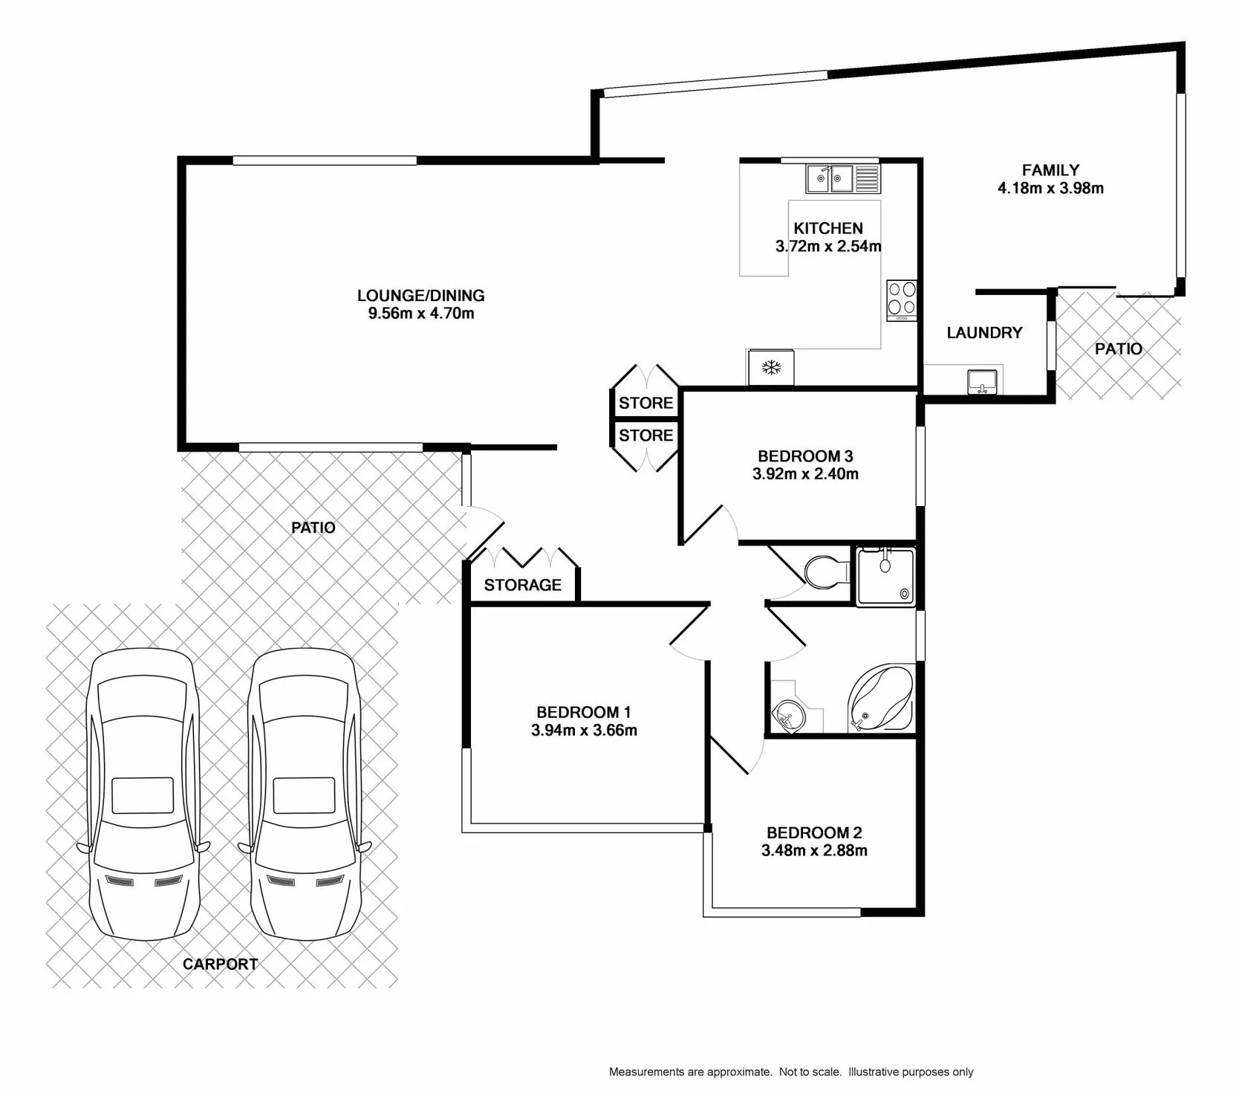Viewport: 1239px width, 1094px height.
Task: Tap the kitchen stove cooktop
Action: coord(902,301)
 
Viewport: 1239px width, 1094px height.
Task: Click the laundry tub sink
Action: coord(983,382)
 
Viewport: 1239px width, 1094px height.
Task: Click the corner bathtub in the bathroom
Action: coord(880,698)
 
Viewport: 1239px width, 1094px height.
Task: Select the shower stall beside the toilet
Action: coord(886,576)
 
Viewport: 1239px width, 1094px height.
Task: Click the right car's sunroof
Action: coord(304,795)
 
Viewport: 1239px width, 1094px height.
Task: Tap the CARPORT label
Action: coord(221,964)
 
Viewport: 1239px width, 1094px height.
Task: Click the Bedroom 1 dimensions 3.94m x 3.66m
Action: coord(584,731)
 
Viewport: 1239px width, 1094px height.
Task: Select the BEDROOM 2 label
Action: coord(814,833)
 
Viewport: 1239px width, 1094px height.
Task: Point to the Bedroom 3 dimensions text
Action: coord(805,474)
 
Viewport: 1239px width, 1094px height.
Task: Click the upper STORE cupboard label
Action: coord(646,403)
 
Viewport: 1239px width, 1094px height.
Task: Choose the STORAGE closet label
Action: coord(523,585)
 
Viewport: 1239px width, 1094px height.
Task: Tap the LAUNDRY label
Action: coord(985,333)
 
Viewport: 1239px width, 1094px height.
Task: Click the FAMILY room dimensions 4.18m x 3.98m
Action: coord(1050,189)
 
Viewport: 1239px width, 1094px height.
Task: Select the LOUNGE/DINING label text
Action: coord(421,296)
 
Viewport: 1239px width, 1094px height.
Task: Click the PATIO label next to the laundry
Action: coord(1119,349)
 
